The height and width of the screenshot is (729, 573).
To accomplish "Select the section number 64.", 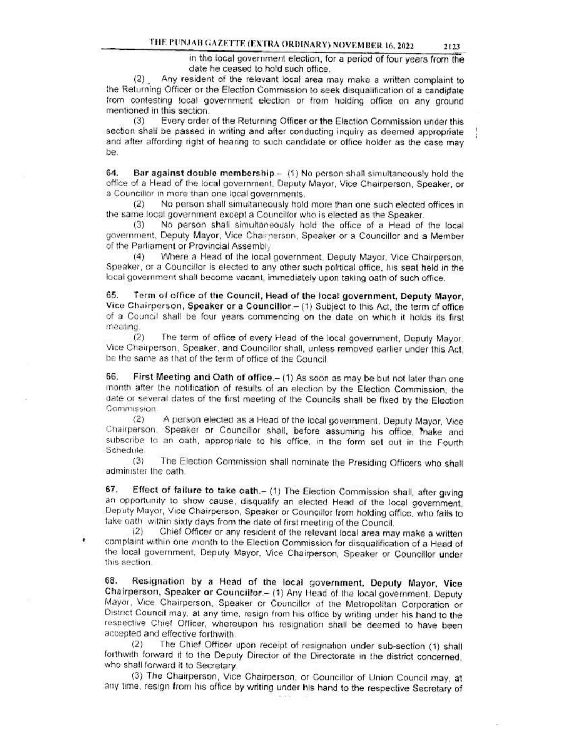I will pos(110,174).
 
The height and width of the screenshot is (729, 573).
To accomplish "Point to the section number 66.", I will pos(110,379).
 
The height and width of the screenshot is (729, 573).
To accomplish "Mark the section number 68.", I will pos(110,581).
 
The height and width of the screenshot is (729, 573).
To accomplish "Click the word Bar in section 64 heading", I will pos(141,174).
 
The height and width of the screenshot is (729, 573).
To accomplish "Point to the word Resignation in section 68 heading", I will pos(158,581).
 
